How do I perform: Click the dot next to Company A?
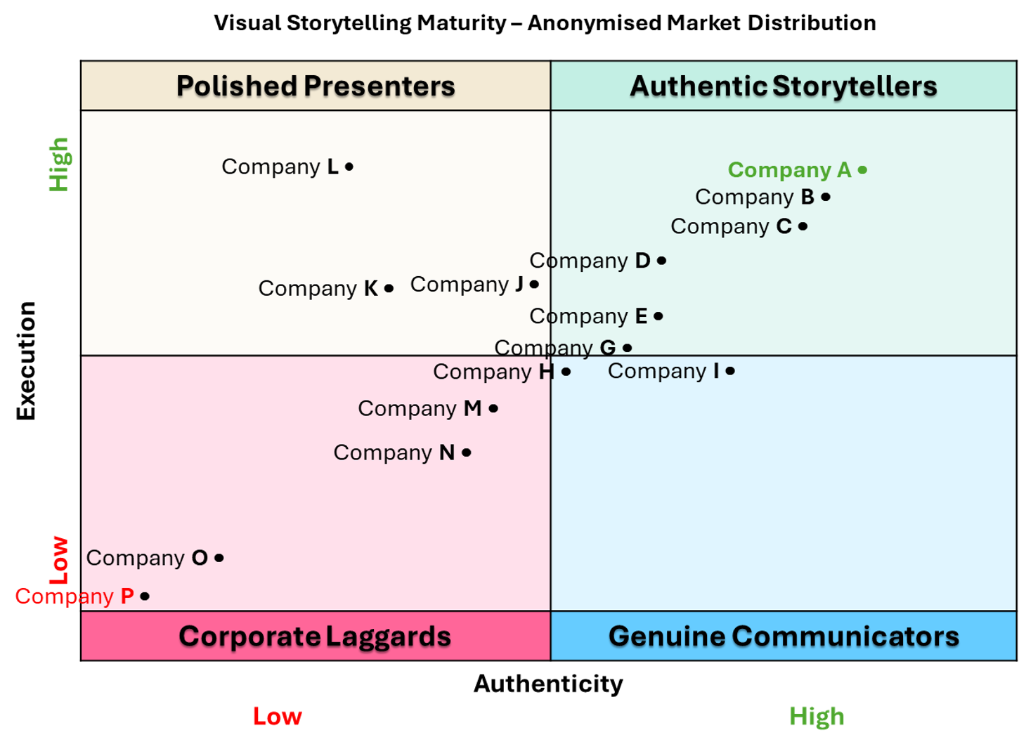click(x=862, y=170)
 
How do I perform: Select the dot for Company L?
click(x=349, y=167)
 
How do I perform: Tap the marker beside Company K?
click(x=389, y=288)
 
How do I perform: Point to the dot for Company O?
click(x=219, y=558)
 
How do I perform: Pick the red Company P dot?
click(x=145, y=597)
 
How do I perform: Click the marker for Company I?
click(x=730, y=371)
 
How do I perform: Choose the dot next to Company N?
click(x=466, y=453)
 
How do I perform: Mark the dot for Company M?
click(x=493, y=408)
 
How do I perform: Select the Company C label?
click(x=731, y=227)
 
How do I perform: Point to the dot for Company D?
click(x=661, y=261)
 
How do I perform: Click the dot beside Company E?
click(x=658, y=316)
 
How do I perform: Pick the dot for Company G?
click(x=628, y=348)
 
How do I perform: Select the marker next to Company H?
click(x=566, y=372)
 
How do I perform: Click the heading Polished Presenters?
click(x=316, y=86)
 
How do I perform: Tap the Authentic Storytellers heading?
click(x=783, y=86)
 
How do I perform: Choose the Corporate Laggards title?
click(x=315, y=637)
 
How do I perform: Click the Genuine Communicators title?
click(x=784, y=637)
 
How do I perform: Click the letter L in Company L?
click(x=332, y=167)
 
